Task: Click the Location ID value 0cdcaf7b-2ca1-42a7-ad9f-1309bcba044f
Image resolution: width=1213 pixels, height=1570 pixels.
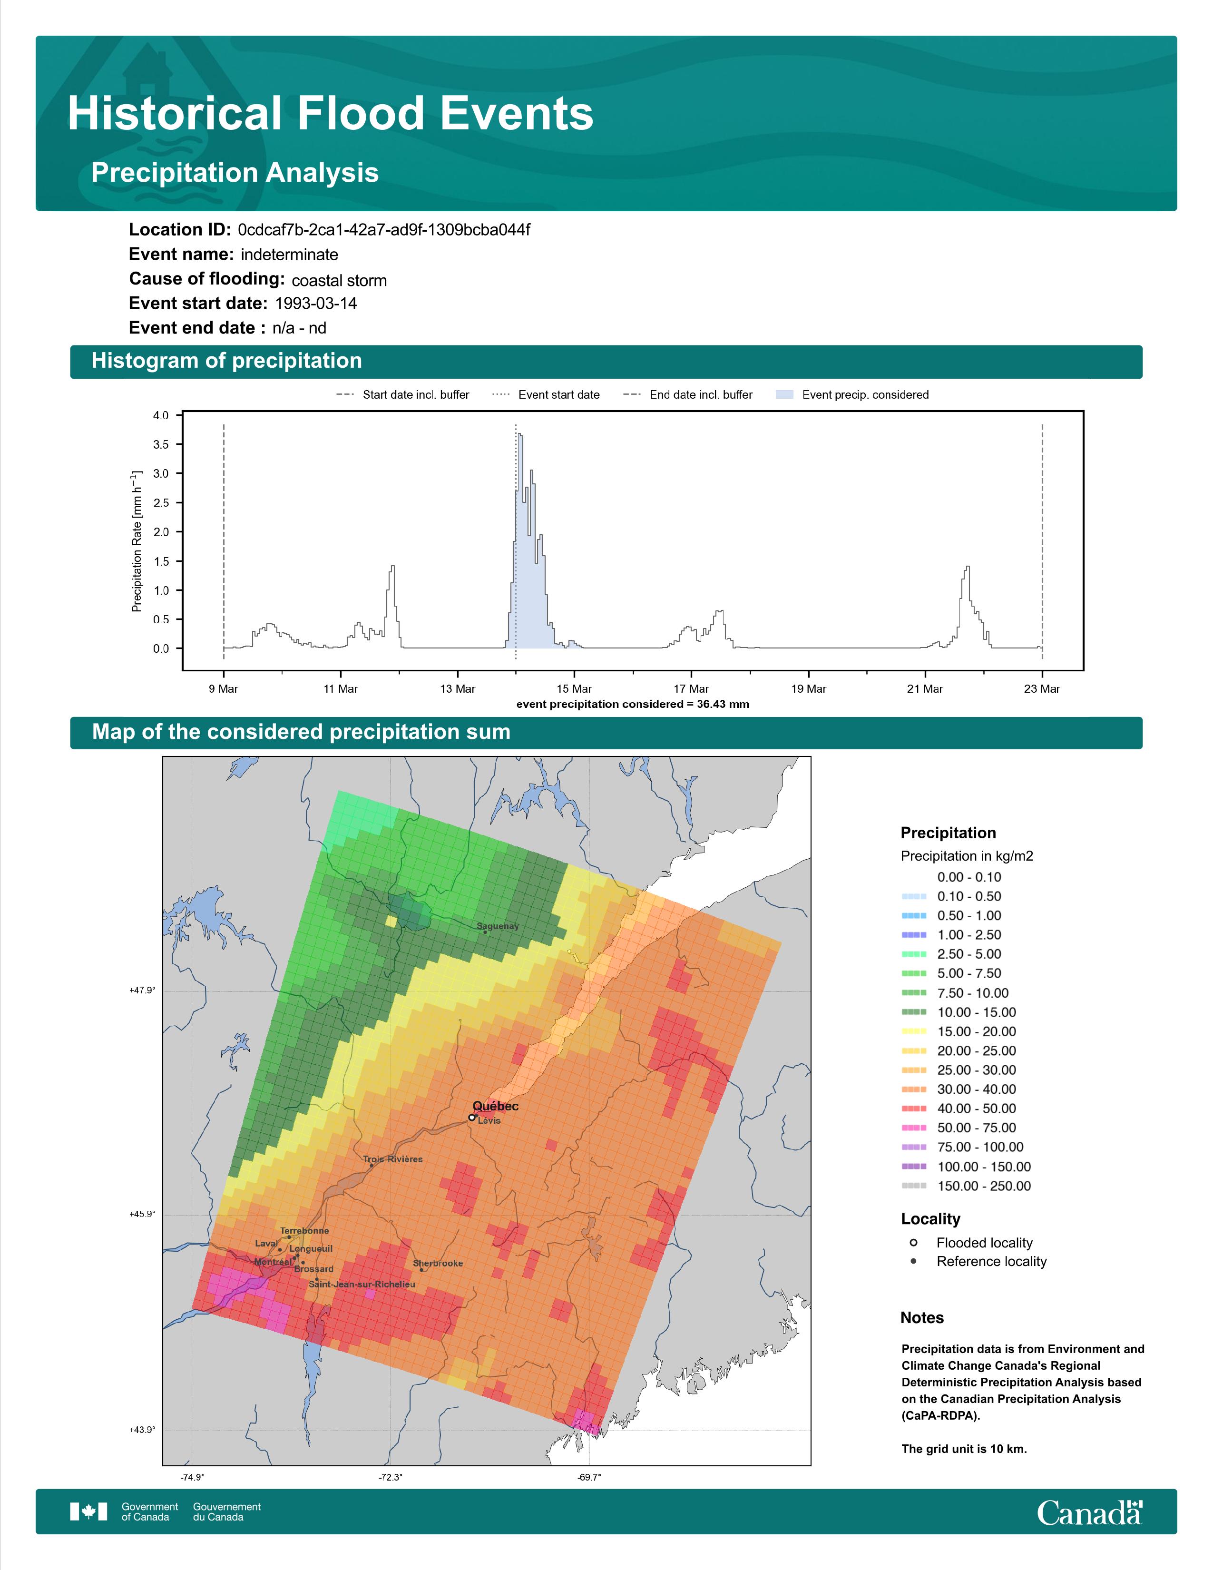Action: tap(384, 230)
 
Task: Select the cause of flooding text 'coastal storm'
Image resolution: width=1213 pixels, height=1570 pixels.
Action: tap(339, 280)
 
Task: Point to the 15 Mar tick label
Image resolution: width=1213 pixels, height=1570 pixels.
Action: tap(574, 689)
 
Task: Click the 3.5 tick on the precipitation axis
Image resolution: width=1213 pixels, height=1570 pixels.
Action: tap(161, 444)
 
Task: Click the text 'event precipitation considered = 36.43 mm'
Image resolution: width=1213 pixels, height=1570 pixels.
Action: tap(632, 705)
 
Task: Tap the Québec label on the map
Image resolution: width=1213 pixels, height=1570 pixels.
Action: tap(495, 1106)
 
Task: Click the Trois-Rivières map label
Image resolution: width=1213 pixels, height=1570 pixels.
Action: tap(392, 1159)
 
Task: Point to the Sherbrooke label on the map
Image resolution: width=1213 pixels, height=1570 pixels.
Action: tap(438, 1263)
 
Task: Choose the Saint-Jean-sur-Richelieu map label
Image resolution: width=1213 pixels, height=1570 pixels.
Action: tap(362, 1284)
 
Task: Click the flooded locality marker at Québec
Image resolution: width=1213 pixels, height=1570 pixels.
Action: tap(471, 1117)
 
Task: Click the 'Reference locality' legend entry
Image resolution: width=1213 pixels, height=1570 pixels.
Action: tap(978, 1262)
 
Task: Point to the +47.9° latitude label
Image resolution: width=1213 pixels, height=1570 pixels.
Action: tap(142, 991)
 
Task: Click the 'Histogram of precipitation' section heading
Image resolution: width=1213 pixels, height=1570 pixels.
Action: tap(226, 361)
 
